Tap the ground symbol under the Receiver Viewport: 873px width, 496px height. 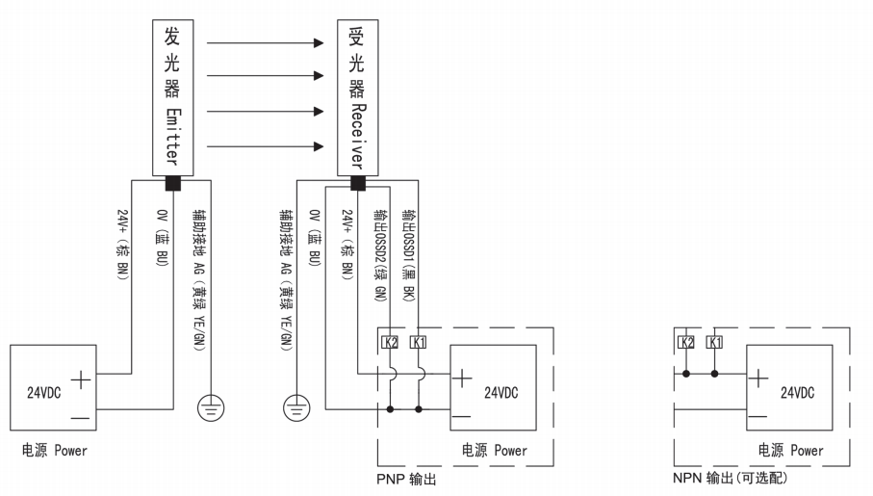(298, 408)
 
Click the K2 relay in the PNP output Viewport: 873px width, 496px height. (392, 342)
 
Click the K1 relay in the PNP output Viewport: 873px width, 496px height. (419, 342)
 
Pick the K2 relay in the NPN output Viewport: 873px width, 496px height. (686, 342)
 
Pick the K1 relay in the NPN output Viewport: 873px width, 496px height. (713, 342)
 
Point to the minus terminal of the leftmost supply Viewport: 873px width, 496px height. (82, 417)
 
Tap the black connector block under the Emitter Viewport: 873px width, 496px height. (172, 182)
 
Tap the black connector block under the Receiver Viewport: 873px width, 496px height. (358, 182)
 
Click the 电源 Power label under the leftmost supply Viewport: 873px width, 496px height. (54, 450)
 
